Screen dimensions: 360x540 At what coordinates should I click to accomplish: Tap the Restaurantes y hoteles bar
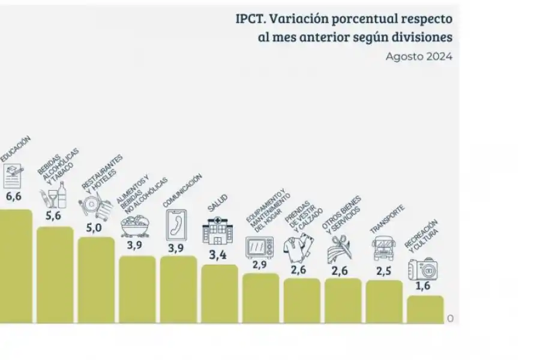coord(96,280)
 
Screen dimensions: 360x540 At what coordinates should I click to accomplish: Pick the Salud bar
coord(219,293)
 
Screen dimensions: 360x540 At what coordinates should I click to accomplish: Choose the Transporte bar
coord(384,300)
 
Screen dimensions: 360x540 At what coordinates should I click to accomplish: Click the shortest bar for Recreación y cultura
coord(425,308)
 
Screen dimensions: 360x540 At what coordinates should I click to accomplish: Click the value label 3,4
coord(217,255)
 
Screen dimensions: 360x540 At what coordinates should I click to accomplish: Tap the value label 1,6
coord(424,286)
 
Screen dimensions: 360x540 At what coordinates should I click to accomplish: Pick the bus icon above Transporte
coord(383,247)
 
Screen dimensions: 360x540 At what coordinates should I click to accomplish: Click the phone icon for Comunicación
coord(176,224)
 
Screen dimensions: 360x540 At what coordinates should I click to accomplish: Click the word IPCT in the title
coord(249,18)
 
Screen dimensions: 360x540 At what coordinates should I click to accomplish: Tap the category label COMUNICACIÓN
coord(182,191)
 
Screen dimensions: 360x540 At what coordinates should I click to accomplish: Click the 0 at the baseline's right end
coord(450,319)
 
